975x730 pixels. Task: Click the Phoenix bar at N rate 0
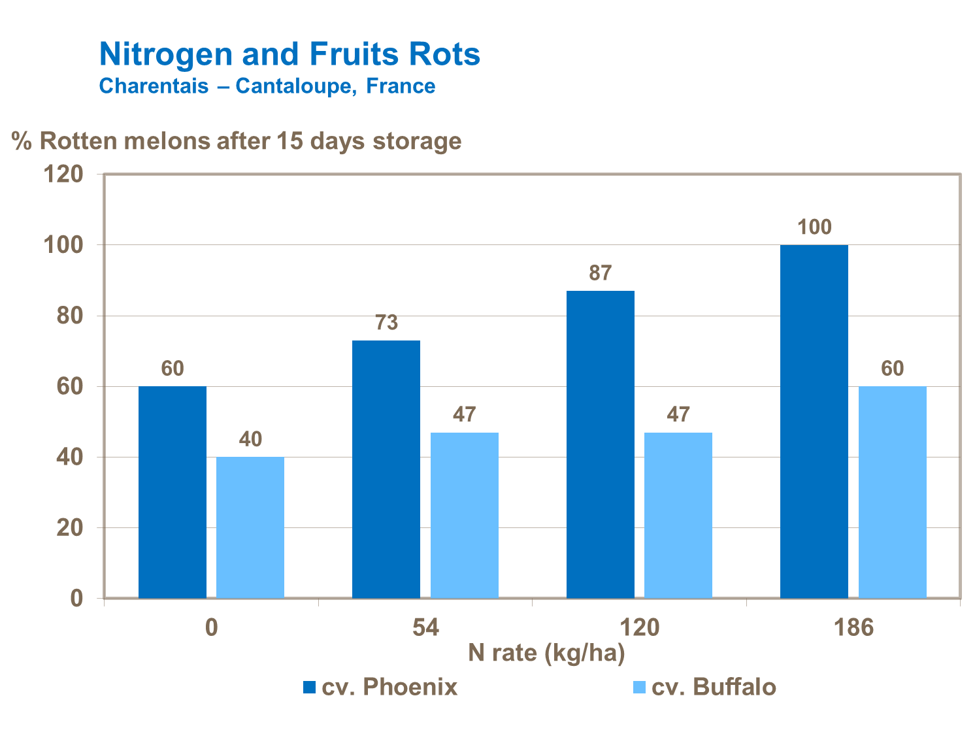click(x=173, y=491)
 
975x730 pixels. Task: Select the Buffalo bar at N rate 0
click(x=250, y=527)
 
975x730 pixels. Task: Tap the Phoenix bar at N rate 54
click(x=386, y=469)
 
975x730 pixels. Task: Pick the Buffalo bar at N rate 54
click(x=465, y=514)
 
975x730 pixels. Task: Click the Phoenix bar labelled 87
click(x=600, y=444)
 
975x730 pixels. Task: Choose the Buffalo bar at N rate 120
click(x=678, y=514)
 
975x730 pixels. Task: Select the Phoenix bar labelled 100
click(x=814, y=421)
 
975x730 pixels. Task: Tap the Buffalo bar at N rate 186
click(x=893, y=491)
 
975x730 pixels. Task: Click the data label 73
click(x=386, y=323)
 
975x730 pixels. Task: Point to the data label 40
click(x=250, y=439)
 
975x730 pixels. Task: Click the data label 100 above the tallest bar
click(x=814, y=227)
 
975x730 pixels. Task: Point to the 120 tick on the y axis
click(x=63, y=174)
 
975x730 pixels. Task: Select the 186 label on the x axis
click(x=853, y=628)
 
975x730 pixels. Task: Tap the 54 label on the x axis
click(x=425, y=628)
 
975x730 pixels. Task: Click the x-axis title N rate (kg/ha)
click(x=546, y=653)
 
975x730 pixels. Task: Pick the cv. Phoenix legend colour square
click(x=309, y=688)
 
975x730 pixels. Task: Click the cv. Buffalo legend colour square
click(x=639, y=688)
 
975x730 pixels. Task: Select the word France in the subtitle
click(x=400, y=86)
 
